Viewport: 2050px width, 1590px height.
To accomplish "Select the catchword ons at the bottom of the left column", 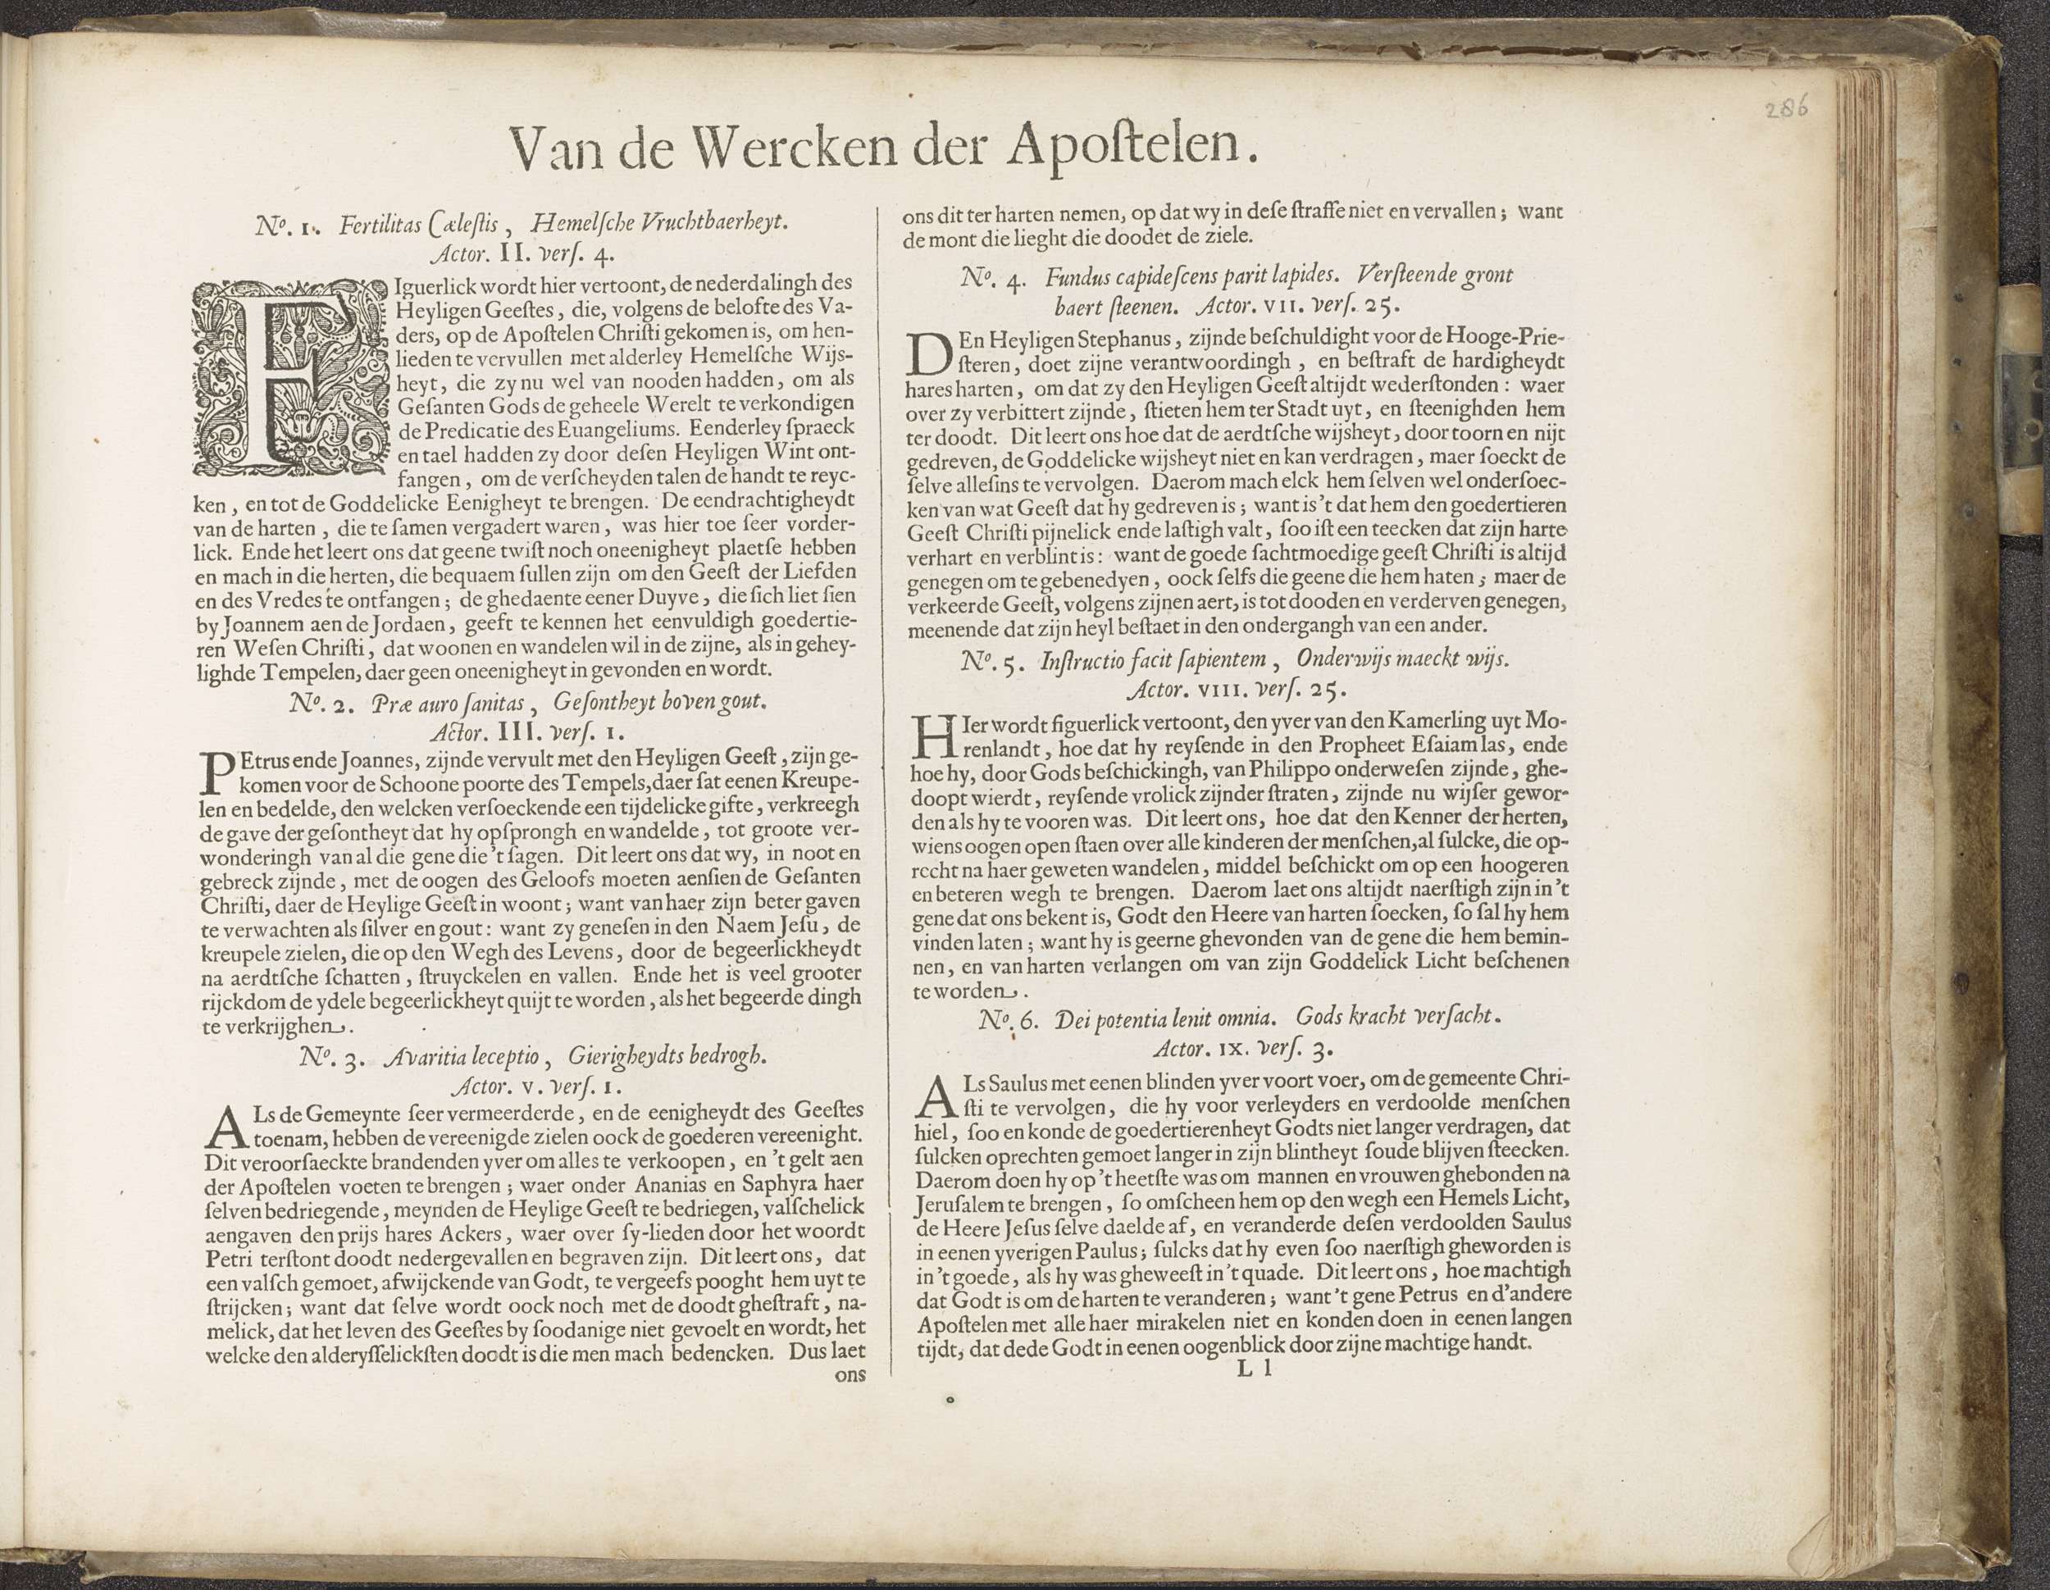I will pyautogui.click(x=850, y=1375).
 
